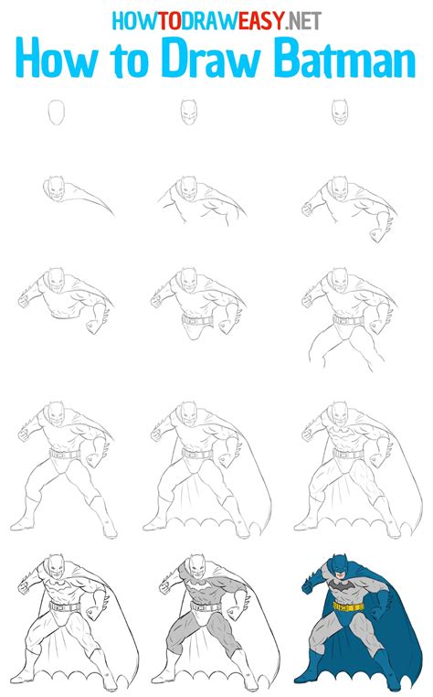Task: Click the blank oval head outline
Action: click(x=57, y=113)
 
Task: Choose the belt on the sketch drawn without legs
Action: click(x=195, y=321)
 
